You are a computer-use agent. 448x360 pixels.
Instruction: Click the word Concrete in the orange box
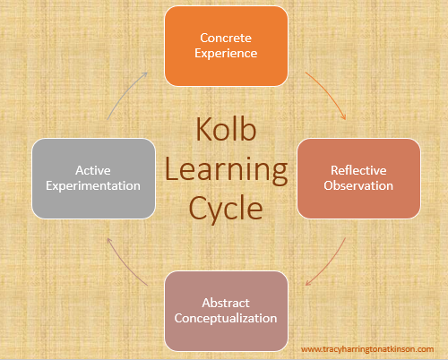click(x=226, y=38)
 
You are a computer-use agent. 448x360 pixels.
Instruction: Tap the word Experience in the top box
click(x=226, y=54)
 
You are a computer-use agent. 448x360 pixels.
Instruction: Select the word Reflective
click(x=358, y=170)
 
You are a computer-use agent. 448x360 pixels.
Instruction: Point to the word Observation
click(x=358, y=185)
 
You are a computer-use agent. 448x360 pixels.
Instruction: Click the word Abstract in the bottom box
click(x=226, y=303)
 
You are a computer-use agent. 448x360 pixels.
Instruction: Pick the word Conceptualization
click(x=226, y=319)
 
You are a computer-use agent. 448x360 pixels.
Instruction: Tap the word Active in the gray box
click(x=93, y=170)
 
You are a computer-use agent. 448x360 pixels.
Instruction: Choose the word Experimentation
click(x=93, y=186)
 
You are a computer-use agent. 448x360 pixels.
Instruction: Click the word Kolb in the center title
click(x=226, y=129)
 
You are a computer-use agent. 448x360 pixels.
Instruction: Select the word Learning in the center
click(x=226, y=170)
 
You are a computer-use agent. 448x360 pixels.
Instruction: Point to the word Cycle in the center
click(x=226, y=209)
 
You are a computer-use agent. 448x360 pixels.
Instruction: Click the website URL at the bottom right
click(x=367, y=349)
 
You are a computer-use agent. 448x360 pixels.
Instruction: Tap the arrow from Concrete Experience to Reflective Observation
click(x=329, y=92)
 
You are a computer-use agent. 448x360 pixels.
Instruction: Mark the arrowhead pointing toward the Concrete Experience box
click(x=145, y=73)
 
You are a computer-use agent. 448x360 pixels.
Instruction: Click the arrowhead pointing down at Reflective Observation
click(x=344, y=117)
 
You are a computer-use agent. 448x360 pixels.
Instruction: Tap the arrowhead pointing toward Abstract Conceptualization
click(x=307, y=283)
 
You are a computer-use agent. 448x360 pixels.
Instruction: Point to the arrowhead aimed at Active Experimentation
click(x=109, y=240)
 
